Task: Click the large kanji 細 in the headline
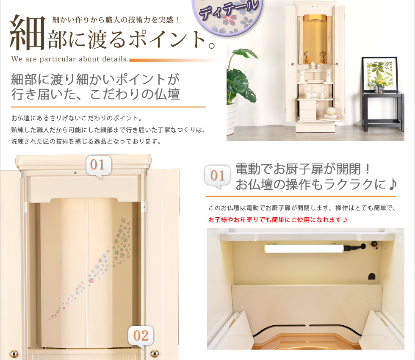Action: click(27, 32)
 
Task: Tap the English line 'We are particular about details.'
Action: click(70, 59)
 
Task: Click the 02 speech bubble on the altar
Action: click(141, 336)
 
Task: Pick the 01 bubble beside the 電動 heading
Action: click(217, 176)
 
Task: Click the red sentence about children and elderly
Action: click(277, 220)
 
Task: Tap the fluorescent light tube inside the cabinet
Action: click(304, 249)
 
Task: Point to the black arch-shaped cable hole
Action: click(372, 276)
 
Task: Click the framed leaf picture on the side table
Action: click(380, 74)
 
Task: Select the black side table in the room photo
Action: click(383, 111)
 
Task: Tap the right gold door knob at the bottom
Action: click(155, 353)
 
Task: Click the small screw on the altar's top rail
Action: click(75, 173)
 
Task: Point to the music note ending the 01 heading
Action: click(393, 184)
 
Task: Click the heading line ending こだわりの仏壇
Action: click(95, 94)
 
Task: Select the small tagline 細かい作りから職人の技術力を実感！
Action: click(116, 20)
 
